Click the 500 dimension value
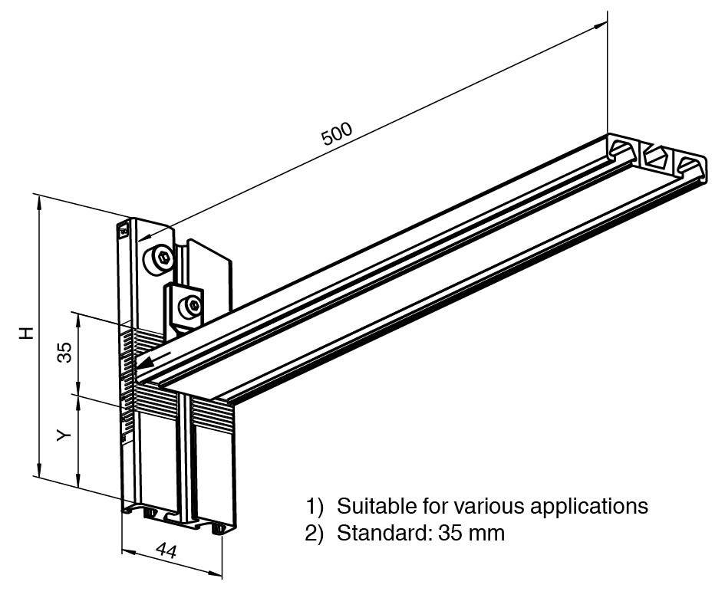(x=337, y=133)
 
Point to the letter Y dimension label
(x=64, y=435)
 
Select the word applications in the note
(x=589, y=507)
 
